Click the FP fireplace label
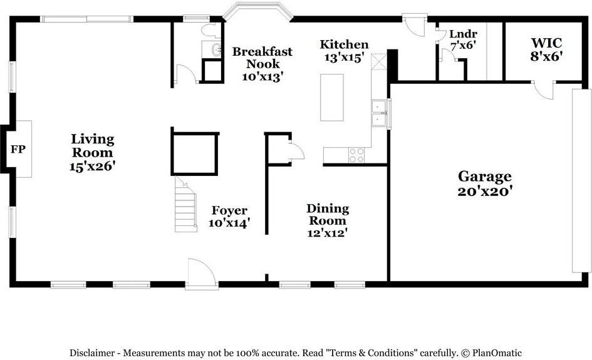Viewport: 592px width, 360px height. click(x=18, y=150)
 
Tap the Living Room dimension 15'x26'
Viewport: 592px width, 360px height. click(x=93, y=167)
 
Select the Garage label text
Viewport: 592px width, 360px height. click(x=484, y=177)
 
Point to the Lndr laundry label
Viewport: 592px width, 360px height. click(x=463, y=34)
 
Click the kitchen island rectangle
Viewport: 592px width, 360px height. click(x=332, y=97)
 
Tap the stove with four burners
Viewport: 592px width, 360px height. click(x=356, y=155)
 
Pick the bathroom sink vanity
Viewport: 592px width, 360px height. click(x=214, y=50)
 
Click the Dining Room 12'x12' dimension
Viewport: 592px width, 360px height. click(x=328, y=232)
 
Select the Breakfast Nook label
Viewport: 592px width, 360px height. click(x=263, y=58)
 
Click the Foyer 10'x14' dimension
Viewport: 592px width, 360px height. click(x=229, y=222)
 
